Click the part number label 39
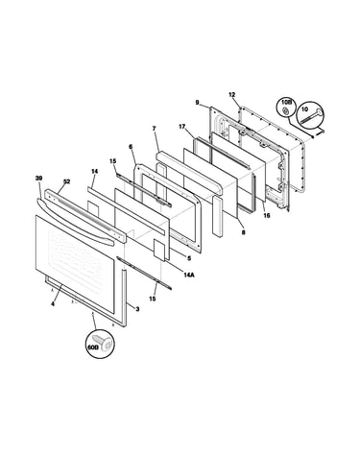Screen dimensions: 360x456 click(x=38, y=178)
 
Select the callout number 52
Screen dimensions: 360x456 click(x=66, y=181)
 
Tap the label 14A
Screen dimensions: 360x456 click(x=189, y=275)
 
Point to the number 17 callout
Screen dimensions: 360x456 click(x=181, y=127)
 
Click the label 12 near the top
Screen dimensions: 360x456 click(x=232, y=94)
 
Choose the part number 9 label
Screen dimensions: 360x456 click(x=198, y=103)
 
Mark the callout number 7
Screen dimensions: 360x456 click(x=154, y=129)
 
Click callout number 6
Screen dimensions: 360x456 click(x=131, y=147)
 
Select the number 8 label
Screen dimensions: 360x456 click(x=243, y=232)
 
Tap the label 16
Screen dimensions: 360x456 click(x=267, y=215)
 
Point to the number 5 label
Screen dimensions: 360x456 click(x=189, y=258)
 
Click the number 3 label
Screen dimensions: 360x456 click(x=137, y=309)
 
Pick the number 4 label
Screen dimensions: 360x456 click(x=53, y=304)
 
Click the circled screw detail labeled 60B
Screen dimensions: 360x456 click(x=100, y=343)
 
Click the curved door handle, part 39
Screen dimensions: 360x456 click(x=75, y=222)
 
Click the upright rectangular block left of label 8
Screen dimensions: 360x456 click(x=217, y=216)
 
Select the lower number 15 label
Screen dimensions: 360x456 click(x=153, y=299)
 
